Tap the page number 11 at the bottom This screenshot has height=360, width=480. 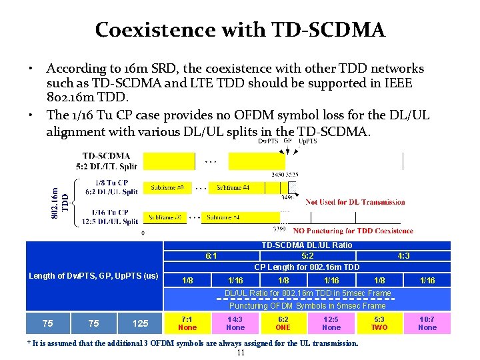coord(241,353)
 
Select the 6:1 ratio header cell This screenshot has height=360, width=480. coord(211,255)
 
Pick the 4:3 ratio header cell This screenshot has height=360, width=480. coord(403,255)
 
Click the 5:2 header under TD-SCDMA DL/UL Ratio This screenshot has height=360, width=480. coord(307,255)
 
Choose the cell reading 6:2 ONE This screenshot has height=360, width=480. coord(283,323)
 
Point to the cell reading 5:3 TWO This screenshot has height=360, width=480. coord(379,323)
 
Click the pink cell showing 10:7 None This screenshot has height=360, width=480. coord(427,323)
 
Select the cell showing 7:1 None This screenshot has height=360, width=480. coord(187,323)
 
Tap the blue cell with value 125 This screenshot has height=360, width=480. coord(140,323)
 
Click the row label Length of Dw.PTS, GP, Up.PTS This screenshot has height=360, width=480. coord(93,275)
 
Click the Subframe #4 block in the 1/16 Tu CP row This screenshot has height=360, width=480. coord(223,217)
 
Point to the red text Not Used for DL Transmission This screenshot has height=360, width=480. coord(355,202)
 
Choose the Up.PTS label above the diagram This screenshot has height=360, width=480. coord(307,141)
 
